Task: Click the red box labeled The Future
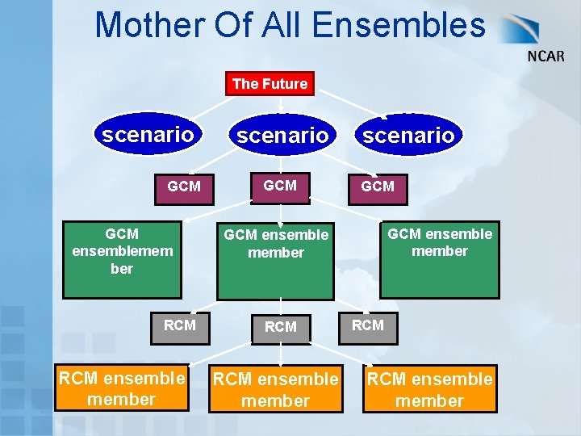[x=270, y=83]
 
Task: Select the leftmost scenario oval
[x=148, y=134]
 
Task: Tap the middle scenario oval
[x=282, y=136]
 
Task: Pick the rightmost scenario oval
[x=408, y=136]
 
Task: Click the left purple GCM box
[x=184, y=187]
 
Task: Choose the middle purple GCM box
[x=280, y=186]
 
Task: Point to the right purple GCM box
[x=378, y=187]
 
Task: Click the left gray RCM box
[x=179, y=325]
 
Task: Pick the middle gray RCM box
[x=280, y=327]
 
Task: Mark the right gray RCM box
[x=368, y=325]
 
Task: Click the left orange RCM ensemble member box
[x=121, y=388]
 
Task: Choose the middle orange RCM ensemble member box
[x=275, y=389]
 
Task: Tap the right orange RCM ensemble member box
[x=429, y=389]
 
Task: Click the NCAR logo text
[x=546, y=57]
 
